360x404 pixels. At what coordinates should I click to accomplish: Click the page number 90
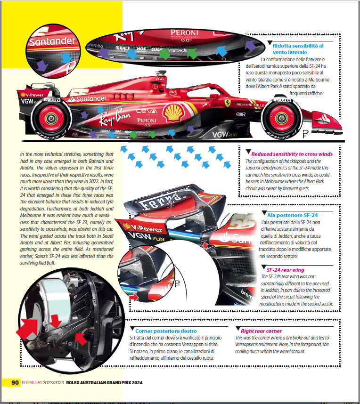pyautogui.click(x=15, y=382)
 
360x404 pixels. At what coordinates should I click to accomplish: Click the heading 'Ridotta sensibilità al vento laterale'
pyautogui.click(x=298, y=49)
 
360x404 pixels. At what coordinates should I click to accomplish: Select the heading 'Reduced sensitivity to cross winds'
pyautogui.click(x=292, y=154)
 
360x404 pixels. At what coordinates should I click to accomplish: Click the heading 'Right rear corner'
pyautogui.click(x=261, y=331)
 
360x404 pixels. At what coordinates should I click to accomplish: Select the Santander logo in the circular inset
pyautogui.click(x=52, y=41)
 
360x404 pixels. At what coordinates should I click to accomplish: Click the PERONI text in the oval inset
pyautogui.click(x=185, y=33)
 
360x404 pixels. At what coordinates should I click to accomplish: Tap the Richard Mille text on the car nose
pyautogui.click(x=250, y=105)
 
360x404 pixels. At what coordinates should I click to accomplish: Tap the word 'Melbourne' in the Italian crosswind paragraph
pyautogui.click(x=316, y=80)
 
